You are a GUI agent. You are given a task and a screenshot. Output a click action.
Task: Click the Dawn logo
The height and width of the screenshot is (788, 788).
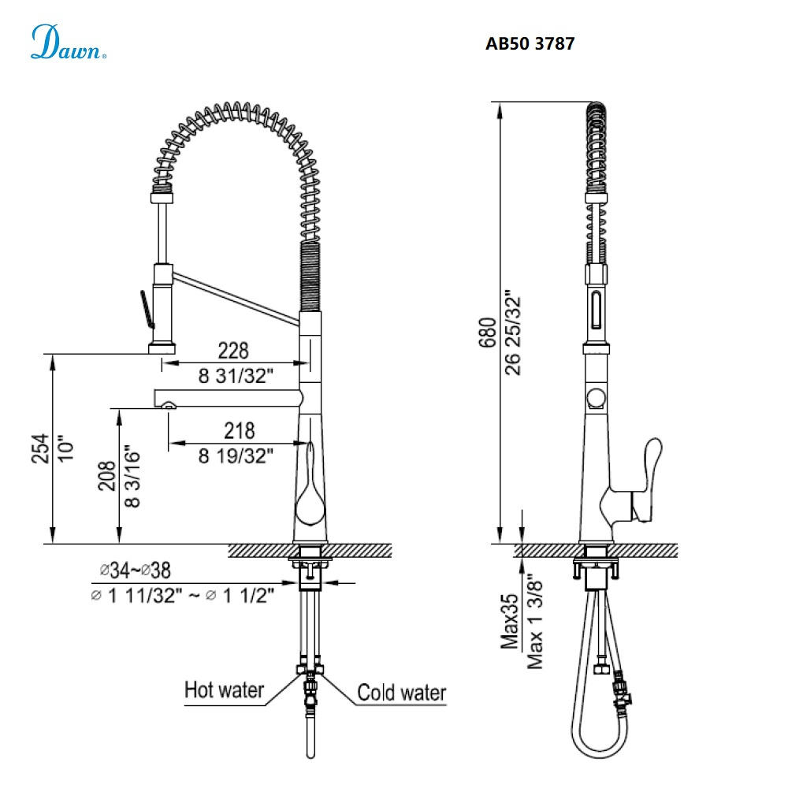tap(68, 43)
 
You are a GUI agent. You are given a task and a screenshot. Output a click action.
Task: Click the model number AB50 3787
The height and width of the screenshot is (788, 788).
tap(530, 44)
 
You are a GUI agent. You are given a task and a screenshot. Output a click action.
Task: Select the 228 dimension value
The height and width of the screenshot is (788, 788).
tap(233, 350)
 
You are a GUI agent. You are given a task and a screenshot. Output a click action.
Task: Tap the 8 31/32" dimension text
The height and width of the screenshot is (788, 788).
tap(236, 376)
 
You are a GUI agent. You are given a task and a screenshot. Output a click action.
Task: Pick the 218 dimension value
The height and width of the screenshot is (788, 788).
tap(239, 430)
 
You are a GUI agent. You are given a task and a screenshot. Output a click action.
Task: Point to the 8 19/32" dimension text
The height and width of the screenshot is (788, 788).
tap(236, 455)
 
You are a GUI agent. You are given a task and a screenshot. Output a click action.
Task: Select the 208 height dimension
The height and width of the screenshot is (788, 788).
tap(108, 477)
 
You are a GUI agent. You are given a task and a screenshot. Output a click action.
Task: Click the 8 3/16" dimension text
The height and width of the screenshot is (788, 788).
tap(132, 477)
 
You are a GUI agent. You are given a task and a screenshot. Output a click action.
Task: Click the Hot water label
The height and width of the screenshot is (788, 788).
tap(224, 690)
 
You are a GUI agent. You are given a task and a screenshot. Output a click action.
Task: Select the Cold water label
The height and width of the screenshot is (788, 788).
tap(402, 693)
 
